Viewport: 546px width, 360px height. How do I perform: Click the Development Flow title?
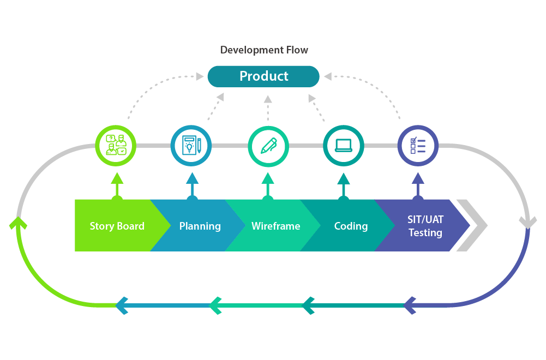pyautogui.click(x=264, y=50)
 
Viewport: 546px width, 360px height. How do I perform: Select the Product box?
pyautogui.click(x=263, y=76)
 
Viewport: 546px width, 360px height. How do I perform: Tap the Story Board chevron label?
pyautogui.click(x=117, y=226)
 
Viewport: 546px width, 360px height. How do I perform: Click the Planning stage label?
pyautogui.click(x=200, y=226)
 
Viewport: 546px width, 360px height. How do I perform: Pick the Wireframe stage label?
pyautogui.click(x=275, y=226)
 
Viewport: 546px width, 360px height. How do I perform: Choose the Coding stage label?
pyautogui.click(x=351, y=226)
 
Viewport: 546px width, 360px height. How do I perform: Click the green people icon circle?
pyautogui.click(x=116, y=146)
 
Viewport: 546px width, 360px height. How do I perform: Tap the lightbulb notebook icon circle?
pyautogui.click(x=191, y=146)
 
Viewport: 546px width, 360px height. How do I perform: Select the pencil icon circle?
pyautogui.click(x=268, y=146)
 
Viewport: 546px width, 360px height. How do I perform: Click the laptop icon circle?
pyautogui.click(x=343, y=146)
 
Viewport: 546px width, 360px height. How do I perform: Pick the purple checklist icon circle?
pyautogui.click(x=418, y=146)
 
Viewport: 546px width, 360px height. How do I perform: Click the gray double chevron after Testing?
pyautogui.click(x=472, y=225)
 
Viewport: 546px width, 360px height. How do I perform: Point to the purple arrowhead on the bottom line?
pyautogui.click(x=411, y=305)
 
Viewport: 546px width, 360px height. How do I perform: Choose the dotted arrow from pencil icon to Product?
pyautogui.click(x=268, y=109)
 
